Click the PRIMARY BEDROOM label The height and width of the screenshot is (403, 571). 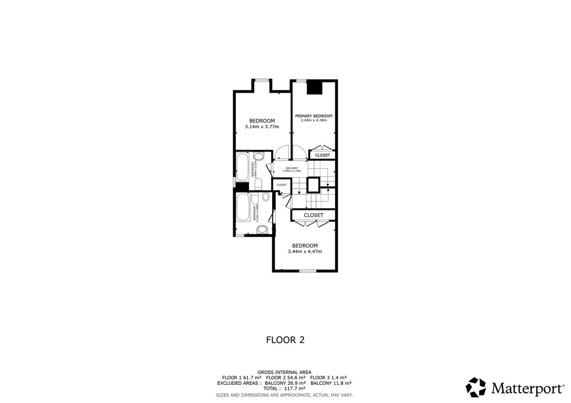(x=314, y=116)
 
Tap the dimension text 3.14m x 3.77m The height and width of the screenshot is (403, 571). (x=262, y=127)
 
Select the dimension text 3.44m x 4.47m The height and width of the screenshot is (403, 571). (x=305, y=251)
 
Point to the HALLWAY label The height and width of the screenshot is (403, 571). (x=292, y=168)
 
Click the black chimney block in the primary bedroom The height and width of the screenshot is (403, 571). (x=314, y=88)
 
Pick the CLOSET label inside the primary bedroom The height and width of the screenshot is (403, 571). (x=323, y=155)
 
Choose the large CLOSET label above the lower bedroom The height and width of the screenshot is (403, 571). (x=314, y=215)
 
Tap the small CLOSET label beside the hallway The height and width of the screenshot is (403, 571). (x=282, y=185)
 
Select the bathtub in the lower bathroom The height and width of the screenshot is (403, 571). (x=243, y=207)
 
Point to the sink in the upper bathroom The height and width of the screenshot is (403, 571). (x=259, y=157)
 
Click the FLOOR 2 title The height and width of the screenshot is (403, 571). (x=285, y=340)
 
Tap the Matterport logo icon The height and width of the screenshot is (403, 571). (x=476, y=387)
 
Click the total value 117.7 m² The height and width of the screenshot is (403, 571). (x=295, y=389)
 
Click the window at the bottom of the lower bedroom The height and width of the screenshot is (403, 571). (x=308, y=271)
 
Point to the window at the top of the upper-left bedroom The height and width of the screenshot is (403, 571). (x=261, y=80)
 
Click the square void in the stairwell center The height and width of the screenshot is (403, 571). (x=314, y=184)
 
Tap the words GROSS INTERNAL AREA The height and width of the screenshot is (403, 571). (x=285, y=372)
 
